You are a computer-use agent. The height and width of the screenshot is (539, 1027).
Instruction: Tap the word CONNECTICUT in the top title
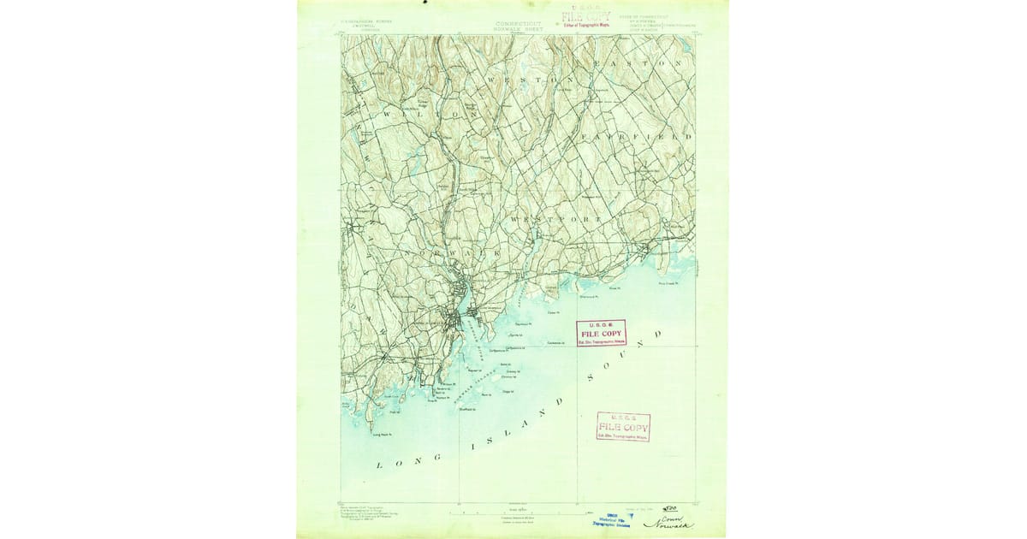519,23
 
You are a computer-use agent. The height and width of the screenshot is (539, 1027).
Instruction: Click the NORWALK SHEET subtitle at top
519,29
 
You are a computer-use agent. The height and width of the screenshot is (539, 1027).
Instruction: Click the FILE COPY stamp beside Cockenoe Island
601,333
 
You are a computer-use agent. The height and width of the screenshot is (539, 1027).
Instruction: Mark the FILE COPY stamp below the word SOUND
622,426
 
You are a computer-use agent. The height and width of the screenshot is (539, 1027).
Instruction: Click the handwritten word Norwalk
668,524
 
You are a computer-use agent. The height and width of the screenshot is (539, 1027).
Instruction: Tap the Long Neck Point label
383,435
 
